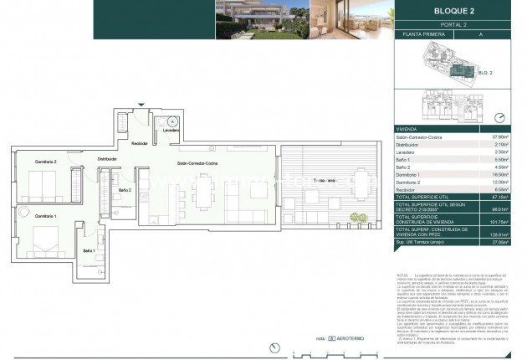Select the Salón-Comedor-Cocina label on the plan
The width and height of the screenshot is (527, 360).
[x=197, y=163]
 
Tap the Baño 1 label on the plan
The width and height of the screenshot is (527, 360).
[x=89, y=250]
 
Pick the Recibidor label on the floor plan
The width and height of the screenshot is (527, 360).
[x=141, y=143]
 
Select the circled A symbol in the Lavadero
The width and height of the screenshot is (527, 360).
[x=173, y=121]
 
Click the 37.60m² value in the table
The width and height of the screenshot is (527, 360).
[x=499, y=136]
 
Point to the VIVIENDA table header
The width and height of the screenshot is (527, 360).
[x=407, y=128]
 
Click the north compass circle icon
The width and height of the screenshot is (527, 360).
[x=499, y=118]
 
